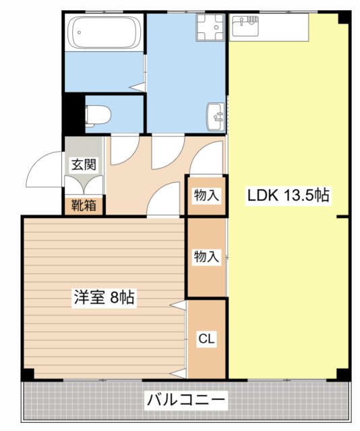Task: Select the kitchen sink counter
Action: click(x=268, y=28)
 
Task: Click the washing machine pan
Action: click(x=210, y=28)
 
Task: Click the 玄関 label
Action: click(x=84, y=164)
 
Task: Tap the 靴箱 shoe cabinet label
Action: click(x=84, y=204)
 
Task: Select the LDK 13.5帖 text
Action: click(x=287, y=196)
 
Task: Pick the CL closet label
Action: click(x=206, y=339)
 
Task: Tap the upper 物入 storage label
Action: click(x=206, y=196)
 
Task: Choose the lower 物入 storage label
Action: click(x=206, y=257)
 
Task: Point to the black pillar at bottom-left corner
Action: click(x=27, y=374)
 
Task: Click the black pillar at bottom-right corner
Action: click(x=343, y=374)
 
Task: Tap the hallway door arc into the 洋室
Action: click(x=163, y=199)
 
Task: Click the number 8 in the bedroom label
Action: click(x=115, y=298)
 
